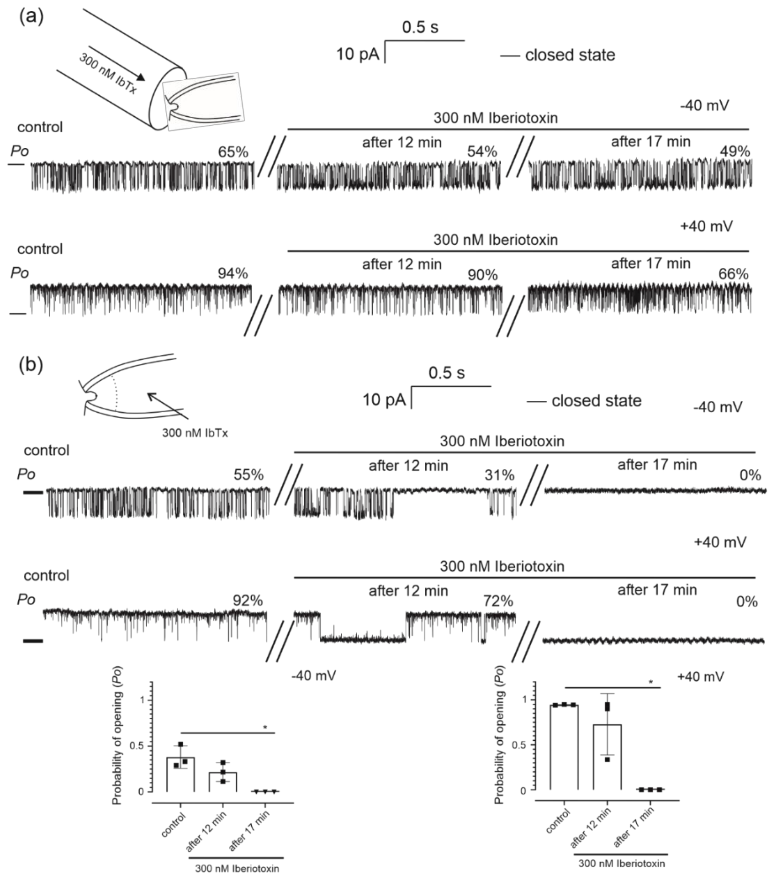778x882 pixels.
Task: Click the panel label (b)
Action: point(31,365)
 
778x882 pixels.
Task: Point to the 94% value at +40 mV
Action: point(233,274)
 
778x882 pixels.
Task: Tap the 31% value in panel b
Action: point(499,475)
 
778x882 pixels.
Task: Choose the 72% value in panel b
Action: point(499,601)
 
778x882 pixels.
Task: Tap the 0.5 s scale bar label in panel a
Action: point(420,28)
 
